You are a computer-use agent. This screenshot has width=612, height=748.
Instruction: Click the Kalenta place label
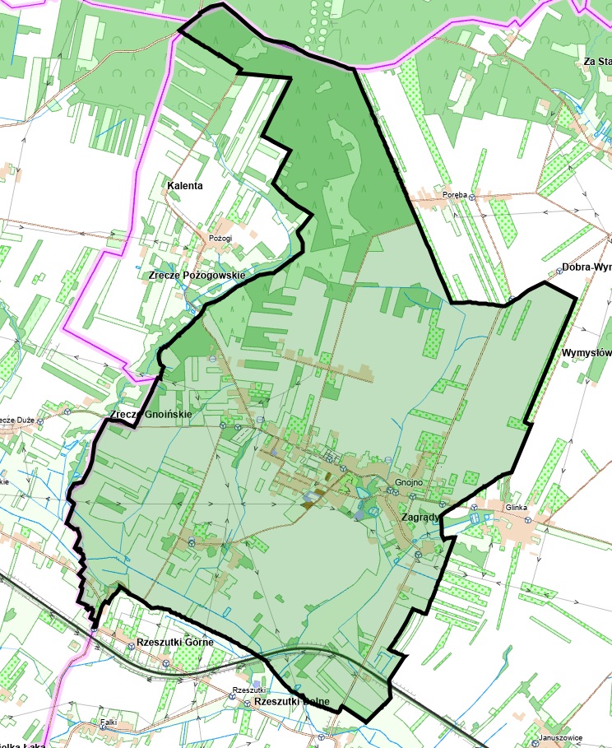pyautogui.click(x=184, y=186)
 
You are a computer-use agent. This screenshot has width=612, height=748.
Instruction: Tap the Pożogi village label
pyautogui.click(x=220, y=238)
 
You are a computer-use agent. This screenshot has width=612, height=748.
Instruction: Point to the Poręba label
pyautogui.click(x=455, y=195)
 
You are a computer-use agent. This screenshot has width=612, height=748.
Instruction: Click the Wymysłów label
pyautogui.click(x=586, y=353)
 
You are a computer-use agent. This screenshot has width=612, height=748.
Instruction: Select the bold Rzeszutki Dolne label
pyautogui.click(x=292, y=702)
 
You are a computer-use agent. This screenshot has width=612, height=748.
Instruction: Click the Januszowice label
pyautogui.click(x=559, y=738)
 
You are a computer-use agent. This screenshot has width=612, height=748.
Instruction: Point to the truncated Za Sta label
pyautogui.click(x=596, y=62)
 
